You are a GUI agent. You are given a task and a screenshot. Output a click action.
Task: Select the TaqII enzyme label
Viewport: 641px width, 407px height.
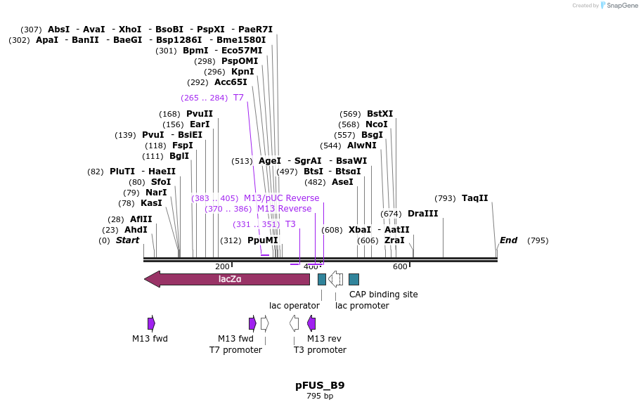[x=474, y=198]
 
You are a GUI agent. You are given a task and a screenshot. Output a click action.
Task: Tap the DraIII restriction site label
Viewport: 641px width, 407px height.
[x=422, y=214]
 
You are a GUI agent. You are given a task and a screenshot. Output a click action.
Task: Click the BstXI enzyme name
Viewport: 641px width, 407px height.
[x=380, y=114]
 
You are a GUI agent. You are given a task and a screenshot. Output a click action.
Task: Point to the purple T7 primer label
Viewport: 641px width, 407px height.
[x=238, y=98]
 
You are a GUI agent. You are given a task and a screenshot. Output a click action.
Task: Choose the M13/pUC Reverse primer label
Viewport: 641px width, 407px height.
[x=281, y=198]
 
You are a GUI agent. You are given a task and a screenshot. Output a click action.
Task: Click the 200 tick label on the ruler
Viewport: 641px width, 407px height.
[x=222, y=266]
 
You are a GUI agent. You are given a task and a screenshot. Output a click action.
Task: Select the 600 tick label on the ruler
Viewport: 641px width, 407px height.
[x=400, y=266]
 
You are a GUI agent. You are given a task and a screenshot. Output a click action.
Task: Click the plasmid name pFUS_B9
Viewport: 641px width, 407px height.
[x=320, y=385]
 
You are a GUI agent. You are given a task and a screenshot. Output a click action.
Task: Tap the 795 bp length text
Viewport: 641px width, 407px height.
[x=320, y=396]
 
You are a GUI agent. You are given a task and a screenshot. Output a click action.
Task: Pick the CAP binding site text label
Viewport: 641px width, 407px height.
[x=383, y=294]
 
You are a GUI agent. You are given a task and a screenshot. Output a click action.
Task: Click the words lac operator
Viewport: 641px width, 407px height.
[x=294, y=306]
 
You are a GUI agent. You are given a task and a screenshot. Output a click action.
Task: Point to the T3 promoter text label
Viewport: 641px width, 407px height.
[x=320, y=350]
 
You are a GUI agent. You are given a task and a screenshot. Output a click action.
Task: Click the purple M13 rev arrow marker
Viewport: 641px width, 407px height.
[x=311, y=323]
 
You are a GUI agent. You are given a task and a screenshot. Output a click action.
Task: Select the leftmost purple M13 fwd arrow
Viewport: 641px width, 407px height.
[x=151, y=323]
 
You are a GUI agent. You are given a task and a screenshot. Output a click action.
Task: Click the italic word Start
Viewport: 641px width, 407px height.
[x=127, y=240]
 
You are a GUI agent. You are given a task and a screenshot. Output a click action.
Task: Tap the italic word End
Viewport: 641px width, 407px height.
[x=508, y=240]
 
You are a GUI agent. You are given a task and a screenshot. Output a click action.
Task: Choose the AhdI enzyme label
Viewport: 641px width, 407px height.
[x=136, y=230]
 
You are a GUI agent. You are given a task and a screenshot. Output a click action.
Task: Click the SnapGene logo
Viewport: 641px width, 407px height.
[x=619, y=6]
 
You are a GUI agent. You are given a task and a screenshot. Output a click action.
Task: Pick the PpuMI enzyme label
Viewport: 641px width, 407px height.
[x=262, y=240]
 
